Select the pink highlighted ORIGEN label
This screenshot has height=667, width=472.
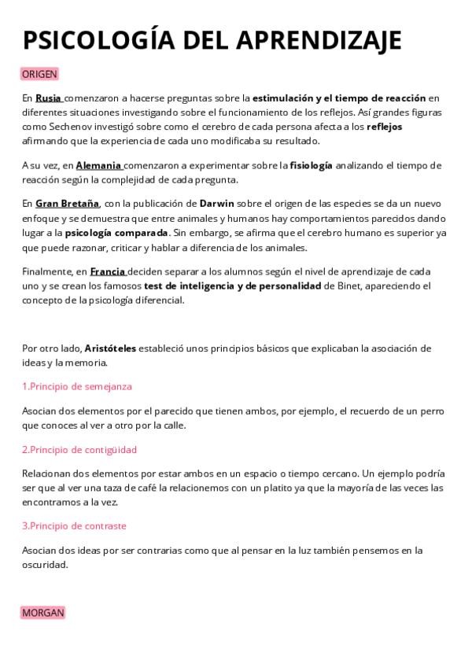pyautogui.click(x=39, y=74)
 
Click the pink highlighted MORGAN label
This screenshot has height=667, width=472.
pyautogui.click(x=42, y=612)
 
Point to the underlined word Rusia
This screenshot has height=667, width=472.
pyautogui.click(x=48, y=98)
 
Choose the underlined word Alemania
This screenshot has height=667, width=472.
pyautogui.click(x=98, y=166)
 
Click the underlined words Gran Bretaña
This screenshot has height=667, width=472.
pyautogui.click(x=61, y=204)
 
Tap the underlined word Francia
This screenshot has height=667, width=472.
pyautogui.click(x=108, y=271)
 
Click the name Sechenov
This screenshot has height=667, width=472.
pyautogui.click(x=65, y=127)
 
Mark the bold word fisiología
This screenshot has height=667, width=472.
pyautogui.click(x=312, y=166)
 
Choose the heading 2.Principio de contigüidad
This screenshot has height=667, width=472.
pyautogui.click(x=79, y=450)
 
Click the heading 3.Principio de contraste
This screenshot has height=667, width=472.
pyautogui.click(x=74, y=525)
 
